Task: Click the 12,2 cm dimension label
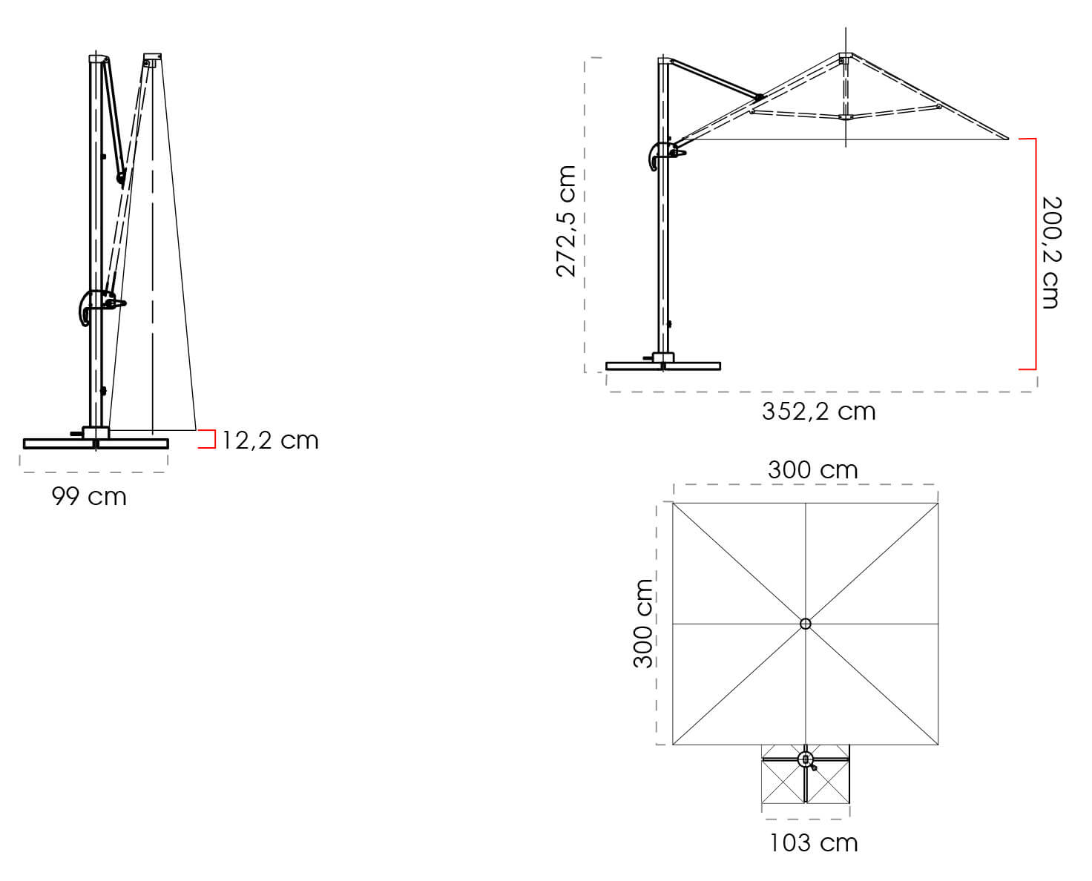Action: pyautogui.click(x=270, y=440)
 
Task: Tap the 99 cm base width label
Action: pyautogui.click(x=89, y=496)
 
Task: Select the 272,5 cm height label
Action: pyautogui.click(x=566, y=221)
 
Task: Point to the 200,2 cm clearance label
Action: pyautogui.click(x=1051, y=252)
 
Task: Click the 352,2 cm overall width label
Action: pyautogui.click(x=818, y=411)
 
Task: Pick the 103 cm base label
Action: pyautogui.click(x=813, y=842)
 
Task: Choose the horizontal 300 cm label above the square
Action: pyautogui.click(x=812, y=469)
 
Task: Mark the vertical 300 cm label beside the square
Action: pyautogui.click(x=642, y=624)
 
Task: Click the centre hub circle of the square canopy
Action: pyautogui.click(x=806, y=624)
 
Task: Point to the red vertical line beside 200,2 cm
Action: pyautogui.click(x=1034, y=254)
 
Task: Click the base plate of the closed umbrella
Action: pyautogui.click(x=96, y=444)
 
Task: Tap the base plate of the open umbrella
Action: pyautogui.click(x=662, y=366)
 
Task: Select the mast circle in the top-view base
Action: pyautogui.click(x=805, y=759)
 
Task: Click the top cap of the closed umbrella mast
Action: pyautogui.click(x=97, y=59)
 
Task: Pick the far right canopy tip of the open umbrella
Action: pyautogui.click(x=1007, y=138)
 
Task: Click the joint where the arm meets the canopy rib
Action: pyautogui.click(x=758, y=97)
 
